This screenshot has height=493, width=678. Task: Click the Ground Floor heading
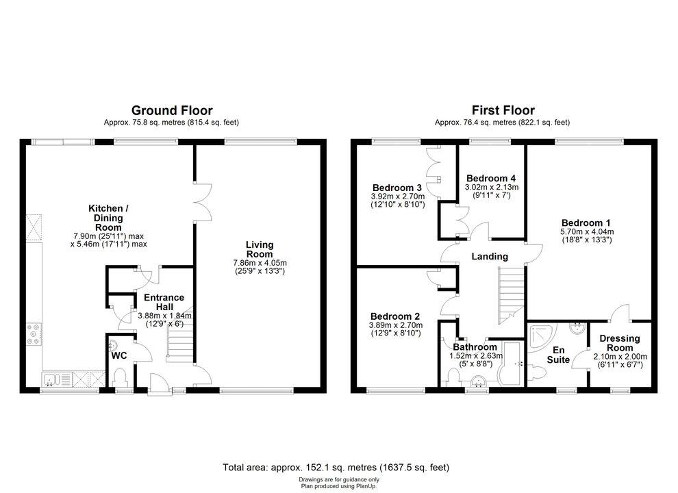tap(172, 110)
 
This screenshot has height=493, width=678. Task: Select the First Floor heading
tap(503, 110)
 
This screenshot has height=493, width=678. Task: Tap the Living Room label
tap(260, 249)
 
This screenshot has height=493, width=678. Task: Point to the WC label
tap(119, 355)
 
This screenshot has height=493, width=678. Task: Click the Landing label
tap(490, 257)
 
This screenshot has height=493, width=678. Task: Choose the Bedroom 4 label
tap(491, 178)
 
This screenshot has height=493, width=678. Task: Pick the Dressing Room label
tap(620, 343)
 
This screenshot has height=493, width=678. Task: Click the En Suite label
tap(558, 355)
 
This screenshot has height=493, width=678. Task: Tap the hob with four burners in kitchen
tap(34, 334)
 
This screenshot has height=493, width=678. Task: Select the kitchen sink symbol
tap(51, 380)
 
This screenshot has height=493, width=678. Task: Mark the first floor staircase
tap(511, 295)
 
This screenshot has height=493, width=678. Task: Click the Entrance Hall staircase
tap(179, 344)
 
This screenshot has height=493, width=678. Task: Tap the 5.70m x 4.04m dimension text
tap(587, 232)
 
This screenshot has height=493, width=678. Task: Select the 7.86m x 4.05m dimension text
tap(260, 263)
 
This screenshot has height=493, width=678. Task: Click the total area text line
tap(336, 468)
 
